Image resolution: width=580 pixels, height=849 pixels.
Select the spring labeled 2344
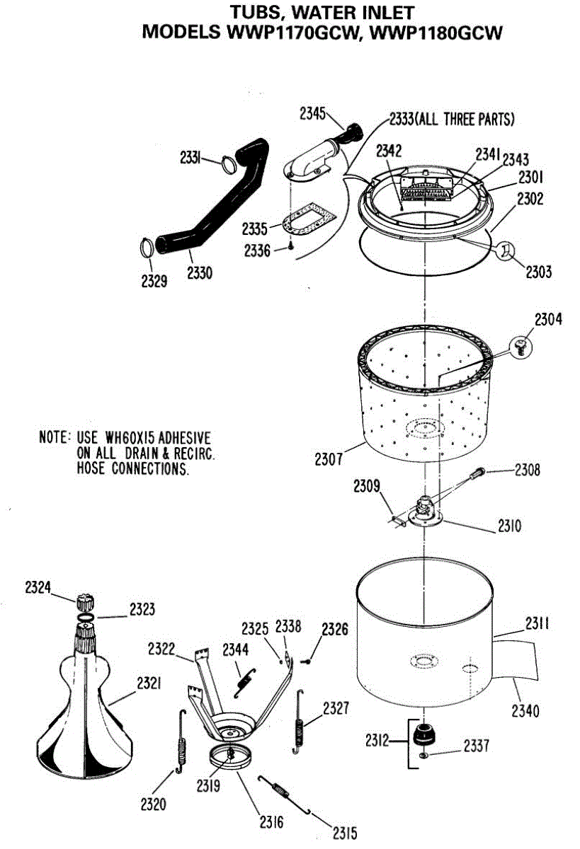point(245,678)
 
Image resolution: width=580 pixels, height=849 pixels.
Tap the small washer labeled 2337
point(423,756)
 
